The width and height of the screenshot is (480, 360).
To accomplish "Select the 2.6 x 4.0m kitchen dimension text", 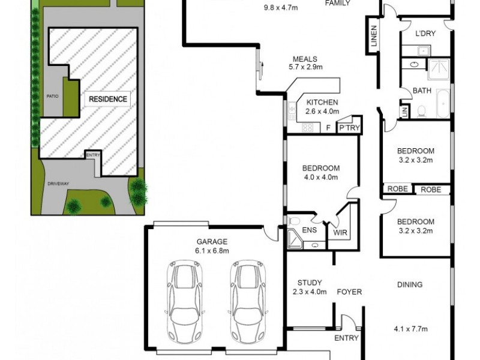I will [322, 112].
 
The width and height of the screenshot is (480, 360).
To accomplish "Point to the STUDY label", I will [310, 283].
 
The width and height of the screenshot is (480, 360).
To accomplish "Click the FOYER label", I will [349, 292].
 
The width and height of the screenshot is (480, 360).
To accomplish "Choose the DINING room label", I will [409, 285].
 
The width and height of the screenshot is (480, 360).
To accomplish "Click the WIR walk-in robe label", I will [340, 232].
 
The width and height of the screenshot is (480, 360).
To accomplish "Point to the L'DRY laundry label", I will [425, 34].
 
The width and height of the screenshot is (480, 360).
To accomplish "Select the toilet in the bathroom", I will [422, 110].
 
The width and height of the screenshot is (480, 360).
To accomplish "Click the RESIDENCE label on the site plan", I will [108, 99].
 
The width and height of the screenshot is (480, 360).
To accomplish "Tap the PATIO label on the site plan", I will [52, 96].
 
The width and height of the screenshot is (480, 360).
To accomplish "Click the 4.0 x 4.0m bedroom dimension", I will [321, 177].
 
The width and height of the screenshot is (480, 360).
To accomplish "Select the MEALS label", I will [305, 59].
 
